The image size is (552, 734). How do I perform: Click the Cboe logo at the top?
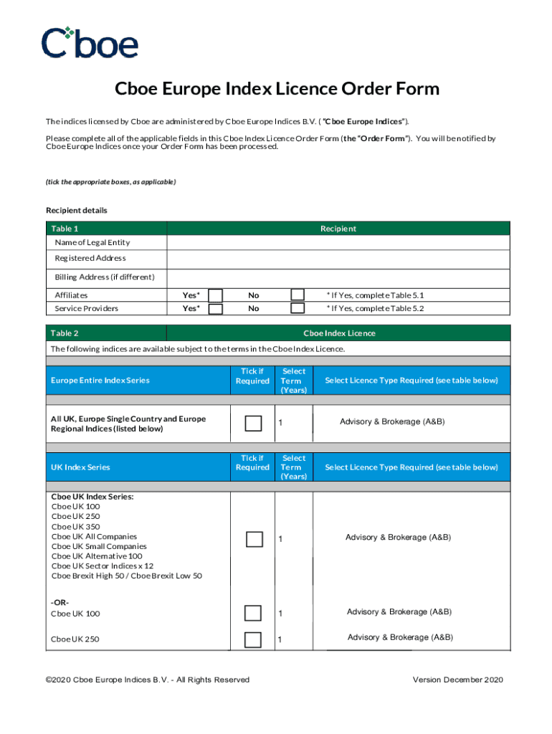click(x=90, y=42)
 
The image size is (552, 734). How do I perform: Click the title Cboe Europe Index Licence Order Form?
click(x=277, y=89)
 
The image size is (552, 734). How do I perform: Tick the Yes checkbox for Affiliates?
click(x=215, y=295)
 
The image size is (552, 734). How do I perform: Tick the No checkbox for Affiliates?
click(x=298, y=295)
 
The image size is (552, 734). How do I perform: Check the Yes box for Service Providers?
click(x=215, y=309)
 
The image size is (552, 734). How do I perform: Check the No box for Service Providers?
click(x=298, y=309)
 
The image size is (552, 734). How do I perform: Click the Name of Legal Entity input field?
click(x=338, y=242)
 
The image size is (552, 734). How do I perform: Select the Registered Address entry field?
click(x=338, y=258)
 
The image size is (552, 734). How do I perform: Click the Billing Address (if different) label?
click(x=105, y=277)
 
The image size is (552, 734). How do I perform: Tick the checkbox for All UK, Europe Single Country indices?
click(x=253, y=423)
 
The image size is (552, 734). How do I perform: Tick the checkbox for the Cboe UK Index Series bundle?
click(x=254, y=539)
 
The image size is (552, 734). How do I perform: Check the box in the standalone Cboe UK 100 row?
click(x=253, y=613)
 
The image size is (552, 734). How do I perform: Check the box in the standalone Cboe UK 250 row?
click(x=253, y=639)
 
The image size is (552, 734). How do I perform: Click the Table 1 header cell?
click(x=106, y=229)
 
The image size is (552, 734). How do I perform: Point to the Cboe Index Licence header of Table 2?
click(x=339, y=333)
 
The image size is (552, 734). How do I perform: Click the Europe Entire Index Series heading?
click(x=100, y=381)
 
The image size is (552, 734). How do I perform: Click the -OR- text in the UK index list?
click(x=60, y=602)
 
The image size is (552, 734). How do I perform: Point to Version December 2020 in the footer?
click(x=458, y=680)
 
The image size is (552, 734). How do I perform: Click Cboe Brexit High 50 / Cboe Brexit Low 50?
click(x=127, y=576)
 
